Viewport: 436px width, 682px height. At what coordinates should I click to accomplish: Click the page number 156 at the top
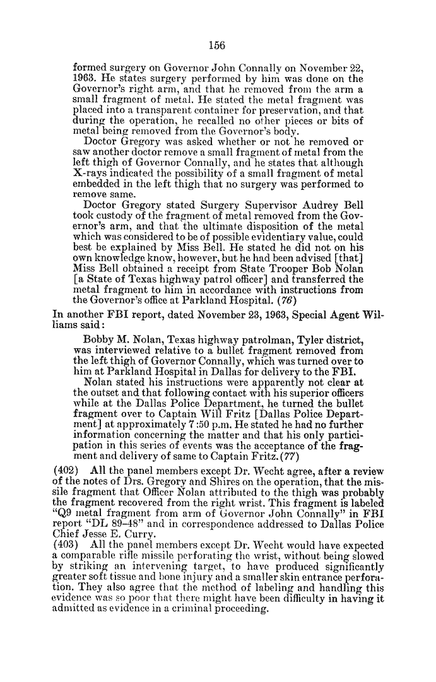[x=217, y=45]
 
